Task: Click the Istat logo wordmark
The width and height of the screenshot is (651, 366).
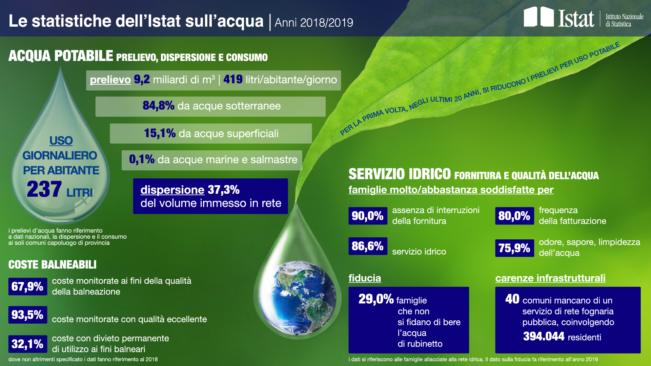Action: pyautogui.click(x=576, y=18)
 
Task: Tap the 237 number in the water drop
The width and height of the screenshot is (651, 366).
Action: pyautogui.click(x=44, y=189)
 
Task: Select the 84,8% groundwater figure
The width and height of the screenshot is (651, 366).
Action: pyautogui.click(x=158, y=106)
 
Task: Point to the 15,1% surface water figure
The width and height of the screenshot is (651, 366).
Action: pyautogui.click(x=160, y=133)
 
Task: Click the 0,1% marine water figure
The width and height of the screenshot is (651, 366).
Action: pyautogui.click(x=142, y=159)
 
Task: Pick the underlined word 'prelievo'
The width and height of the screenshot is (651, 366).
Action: pyautogui.click(x=110, y=80)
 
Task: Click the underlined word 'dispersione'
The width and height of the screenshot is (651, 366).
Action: pyautogui.click(x=172, y=190)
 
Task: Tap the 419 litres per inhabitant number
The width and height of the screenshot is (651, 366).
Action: pyautogui.click(x=233, y=79)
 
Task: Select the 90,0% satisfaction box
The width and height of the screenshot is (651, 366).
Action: pyautogui.click(x=368, y=216)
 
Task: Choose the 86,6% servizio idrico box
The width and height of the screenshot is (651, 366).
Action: pyautogui.click(x=368, y=246)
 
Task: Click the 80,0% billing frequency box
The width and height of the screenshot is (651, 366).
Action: pyautogui.click(x=514, y=216)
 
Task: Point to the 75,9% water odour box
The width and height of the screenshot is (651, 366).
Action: pyautogui.click(x=514, y=248)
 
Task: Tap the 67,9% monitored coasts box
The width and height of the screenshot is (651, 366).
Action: pyautogui.click(x=27, y=286)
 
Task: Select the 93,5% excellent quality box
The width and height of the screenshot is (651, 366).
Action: pyautogui.click(x=27, y=315)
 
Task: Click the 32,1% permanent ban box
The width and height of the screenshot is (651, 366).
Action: pyautogui.click(x=27, y=344)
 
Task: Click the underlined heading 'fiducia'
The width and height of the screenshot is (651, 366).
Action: pyautogui.click(x=365, y=278)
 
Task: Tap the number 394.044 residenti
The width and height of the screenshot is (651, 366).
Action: pyautogui.click(x=544, y=337)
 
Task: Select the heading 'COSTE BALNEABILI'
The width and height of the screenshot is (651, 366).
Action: pyautogui.click(x=53, y=264)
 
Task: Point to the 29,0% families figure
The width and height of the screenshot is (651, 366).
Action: pyautogui.click(x=376, y=299)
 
